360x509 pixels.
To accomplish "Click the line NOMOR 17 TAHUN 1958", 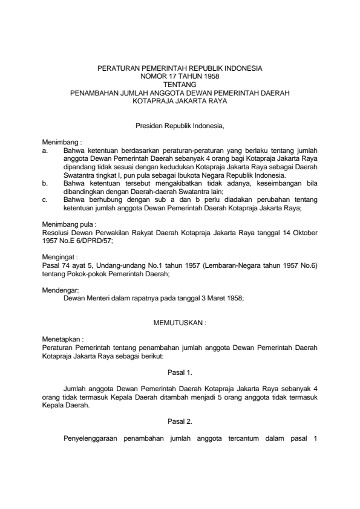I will pyautogui.click(x=180, y=77).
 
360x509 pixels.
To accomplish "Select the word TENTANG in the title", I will pyautogui.click(x=180, y=85).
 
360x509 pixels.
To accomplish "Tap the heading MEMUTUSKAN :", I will pyautogui.click(x=180, y=323).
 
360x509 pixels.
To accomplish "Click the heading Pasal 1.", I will pyautogui.click(x=180, y=373).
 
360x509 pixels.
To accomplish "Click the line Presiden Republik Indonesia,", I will pyautogui.click(x=180, y=126).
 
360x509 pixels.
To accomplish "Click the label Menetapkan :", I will pyautogui.click(x=61, y=340).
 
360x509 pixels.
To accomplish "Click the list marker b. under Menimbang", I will pyautogui.click(x=44, y=181).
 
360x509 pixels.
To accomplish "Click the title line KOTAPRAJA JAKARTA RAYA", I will pyautogui.click(x=180, y=102).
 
